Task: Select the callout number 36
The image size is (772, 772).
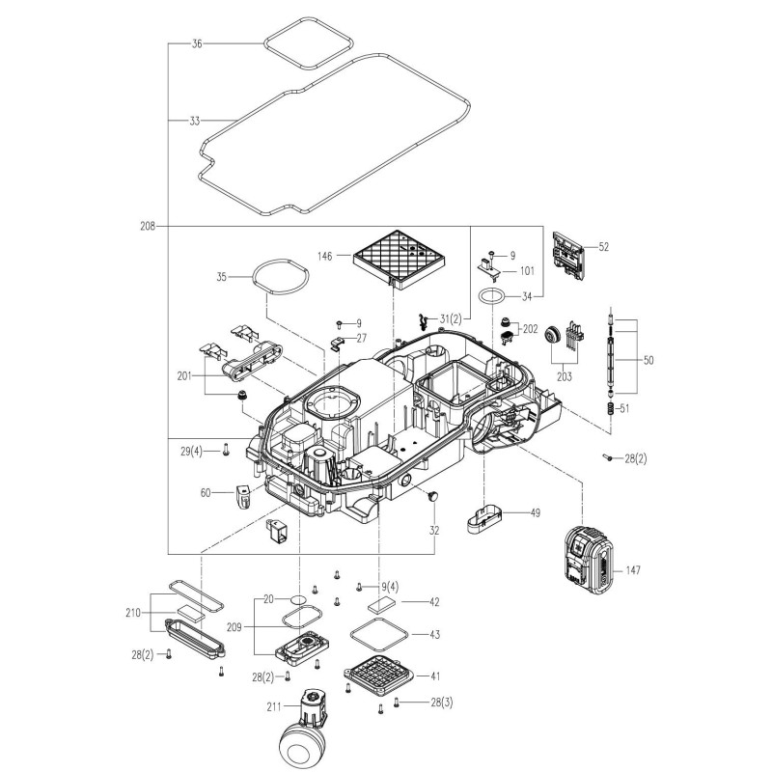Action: point(197,44)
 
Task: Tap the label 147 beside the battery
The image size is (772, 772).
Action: point(632,571)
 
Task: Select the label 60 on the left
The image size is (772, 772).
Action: point(206,493)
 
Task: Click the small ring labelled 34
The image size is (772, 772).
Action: point(491,295)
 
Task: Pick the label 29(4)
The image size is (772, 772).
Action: point(190,451)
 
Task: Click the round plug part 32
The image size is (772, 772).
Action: point(433,496)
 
